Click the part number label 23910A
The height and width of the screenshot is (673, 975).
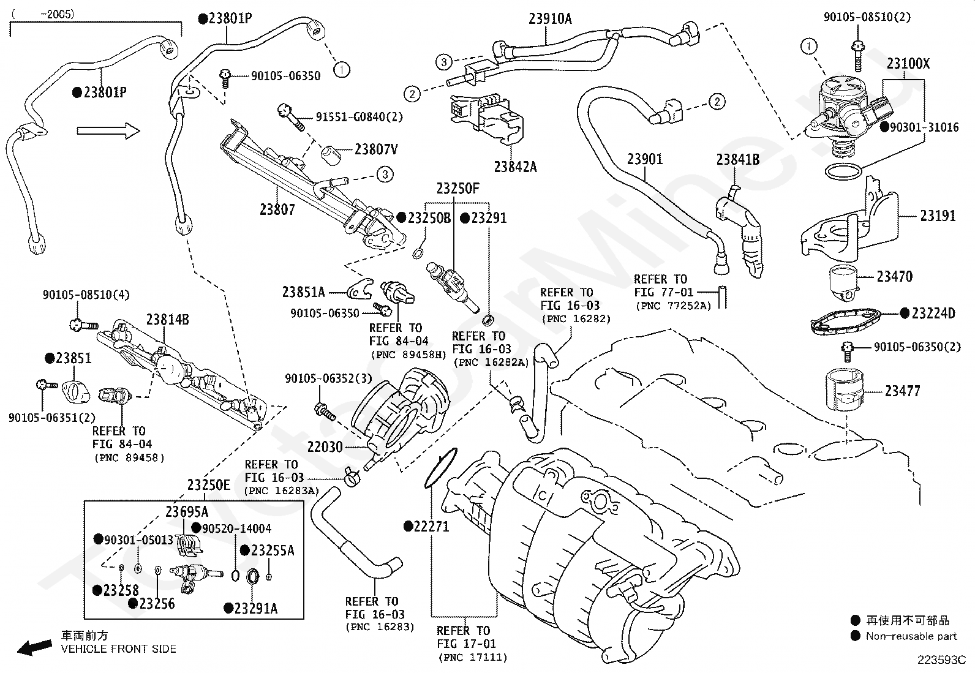(x=550, y=19)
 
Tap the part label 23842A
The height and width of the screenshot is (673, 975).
(x=515, y=167)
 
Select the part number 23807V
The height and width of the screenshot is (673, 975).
(x=376, y=149)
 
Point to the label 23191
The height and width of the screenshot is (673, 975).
(x=938, y=216)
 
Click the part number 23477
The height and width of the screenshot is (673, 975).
(x=902, y=391)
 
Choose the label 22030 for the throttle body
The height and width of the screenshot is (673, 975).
(x=325, y=447)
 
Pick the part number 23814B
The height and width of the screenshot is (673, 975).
(x=168, y=320)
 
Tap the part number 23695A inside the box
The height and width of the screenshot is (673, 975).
(x=187, y=511)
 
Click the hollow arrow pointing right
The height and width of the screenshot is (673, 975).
(x=108, y=130)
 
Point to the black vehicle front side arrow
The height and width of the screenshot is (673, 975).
(x=34, y=647)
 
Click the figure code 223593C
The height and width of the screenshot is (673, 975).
(x=942, y=660)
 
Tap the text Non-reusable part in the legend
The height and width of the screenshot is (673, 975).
(x=911, y=636)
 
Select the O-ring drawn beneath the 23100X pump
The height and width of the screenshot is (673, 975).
(x=843, y=171)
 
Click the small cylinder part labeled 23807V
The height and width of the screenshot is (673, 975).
(x=333, y=156)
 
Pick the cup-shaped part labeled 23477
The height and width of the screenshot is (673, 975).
(x=845, y=389)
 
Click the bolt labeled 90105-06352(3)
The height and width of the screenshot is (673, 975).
(x=325, y=412)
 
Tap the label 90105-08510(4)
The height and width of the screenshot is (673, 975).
(x=86, y=295)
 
